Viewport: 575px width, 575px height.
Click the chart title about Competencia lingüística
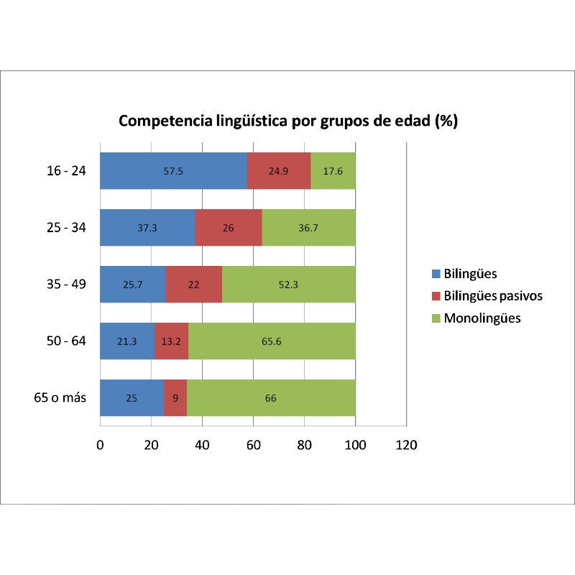click(287, 121)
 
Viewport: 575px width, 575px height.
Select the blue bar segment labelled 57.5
click(173, 171)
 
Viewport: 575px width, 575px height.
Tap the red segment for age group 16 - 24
click(278, 171)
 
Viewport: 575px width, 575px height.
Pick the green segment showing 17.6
click(333, 171)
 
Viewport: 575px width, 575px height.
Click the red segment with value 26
click(228, 227)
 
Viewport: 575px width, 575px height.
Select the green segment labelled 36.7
click(308, 227)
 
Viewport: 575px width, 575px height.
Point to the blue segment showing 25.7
click(133, 284)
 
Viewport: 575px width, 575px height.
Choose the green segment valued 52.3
click(289, 284)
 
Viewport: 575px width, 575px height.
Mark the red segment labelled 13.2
click(171, 341)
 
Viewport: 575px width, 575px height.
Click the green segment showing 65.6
click(272, 341)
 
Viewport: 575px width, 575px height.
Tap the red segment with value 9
click(175, 397)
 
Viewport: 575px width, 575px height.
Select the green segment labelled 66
click(271, 397)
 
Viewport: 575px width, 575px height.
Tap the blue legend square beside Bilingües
click(436, 274)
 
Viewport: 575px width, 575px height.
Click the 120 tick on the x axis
click(407, 445)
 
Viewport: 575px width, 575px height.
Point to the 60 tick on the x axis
click(254, 445)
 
